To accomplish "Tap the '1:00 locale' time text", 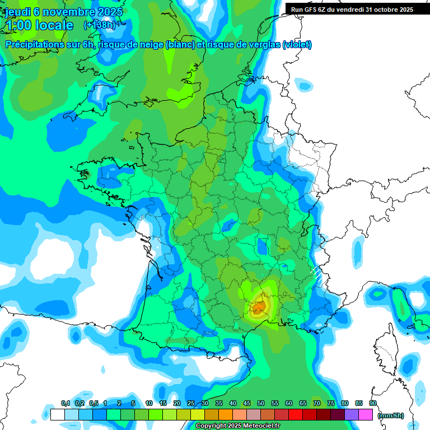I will (39, 26).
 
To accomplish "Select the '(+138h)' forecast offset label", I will (99, 25).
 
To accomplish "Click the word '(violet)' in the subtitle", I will (297, 45).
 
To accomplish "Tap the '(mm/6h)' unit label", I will (390, 415).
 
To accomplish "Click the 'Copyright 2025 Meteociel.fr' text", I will (237, 426).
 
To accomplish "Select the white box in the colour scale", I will (57, 415).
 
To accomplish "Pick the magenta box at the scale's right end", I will (366, 415).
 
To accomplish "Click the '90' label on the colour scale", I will (372, 404).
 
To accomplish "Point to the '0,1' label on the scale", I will (66, 404).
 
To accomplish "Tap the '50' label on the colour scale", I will (261, 404).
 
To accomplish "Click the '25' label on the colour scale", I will (191, 404).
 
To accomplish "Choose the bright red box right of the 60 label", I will (296, 415).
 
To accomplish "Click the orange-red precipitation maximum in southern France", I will (259, 307).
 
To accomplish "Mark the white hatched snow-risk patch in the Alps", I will (316, 275).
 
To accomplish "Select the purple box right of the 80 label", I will (352, 415).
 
